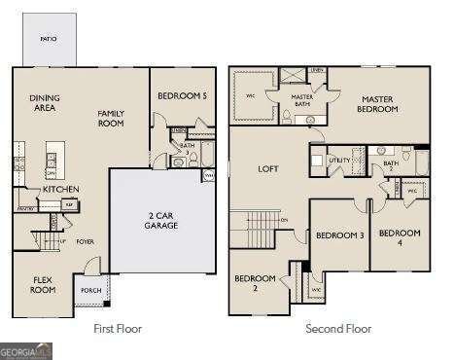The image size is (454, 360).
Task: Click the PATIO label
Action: [x=48, y=38]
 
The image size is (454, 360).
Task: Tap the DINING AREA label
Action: [x=45, y=102]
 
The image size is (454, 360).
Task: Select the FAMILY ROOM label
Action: [x=112, y=119]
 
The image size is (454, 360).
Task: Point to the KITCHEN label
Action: [x=60, y=189]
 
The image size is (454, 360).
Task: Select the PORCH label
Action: [x=91, y=290]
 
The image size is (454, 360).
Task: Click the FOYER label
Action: [x=86, y=241]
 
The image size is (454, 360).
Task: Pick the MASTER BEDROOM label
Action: [x=380, y=103]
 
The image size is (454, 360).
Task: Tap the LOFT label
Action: [x=268, y=168]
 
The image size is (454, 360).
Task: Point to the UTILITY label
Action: [x=338, y=159]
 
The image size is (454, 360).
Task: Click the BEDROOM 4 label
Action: [x=400, y=237]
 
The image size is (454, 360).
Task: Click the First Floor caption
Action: [x=118, y=329]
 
